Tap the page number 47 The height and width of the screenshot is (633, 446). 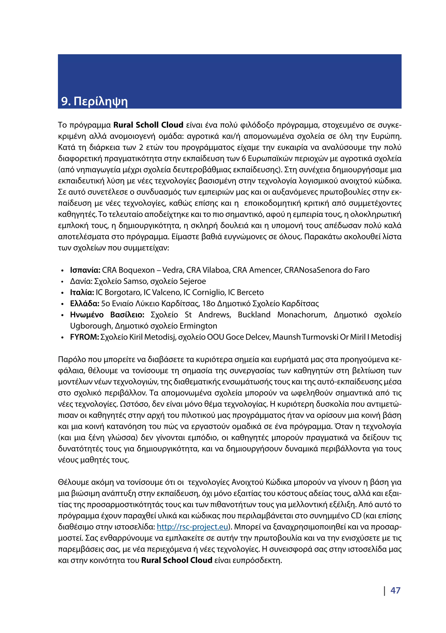395,591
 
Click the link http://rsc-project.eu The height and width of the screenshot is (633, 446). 193,527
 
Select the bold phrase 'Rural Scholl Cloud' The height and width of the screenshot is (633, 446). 148,125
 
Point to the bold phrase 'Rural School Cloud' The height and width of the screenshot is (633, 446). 176,560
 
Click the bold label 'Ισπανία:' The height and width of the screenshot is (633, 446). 85,270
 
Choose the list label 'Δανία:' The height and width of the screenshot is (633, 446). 81,281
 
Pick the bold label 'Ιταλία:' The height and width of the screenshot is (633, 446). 82,293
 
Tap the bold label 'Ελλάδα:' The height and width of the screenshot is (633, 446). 84,304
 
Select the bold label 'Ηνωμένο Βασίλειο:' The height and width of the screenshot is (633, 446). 107,315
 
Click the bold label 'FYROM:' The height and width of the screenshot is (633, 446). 84,337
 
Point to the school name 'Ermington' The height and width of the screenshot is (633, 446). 198,326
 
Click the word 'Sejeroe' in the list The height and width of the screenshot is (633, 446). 193,281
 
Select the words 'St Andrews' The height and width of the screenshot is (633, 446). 208,315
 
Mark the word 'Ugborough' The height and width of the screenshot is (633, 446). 91,326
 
